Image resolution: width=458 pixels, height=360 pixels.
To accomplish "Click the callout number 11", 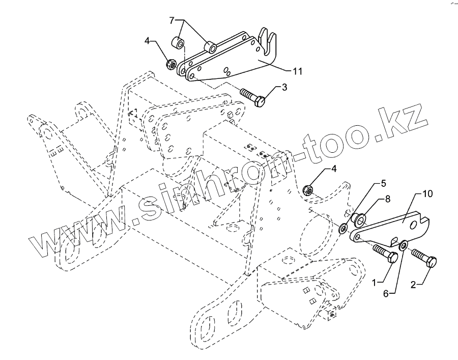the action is [297, 71].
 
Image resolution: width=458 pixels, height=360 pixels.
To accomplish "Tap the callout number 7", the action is [172, 20].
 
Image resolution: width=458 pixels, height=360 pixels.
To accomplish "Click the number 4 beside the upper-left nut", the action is [147, 41].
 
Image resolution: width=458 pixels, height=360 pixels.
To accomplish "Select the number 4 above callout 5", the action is [334, 168].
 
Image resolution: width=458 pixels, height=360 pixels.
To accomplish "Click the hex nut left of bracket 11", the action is [172, 64].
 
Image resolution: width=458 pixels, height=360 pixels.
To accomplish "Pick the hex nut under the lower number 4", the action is [309, 190].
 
